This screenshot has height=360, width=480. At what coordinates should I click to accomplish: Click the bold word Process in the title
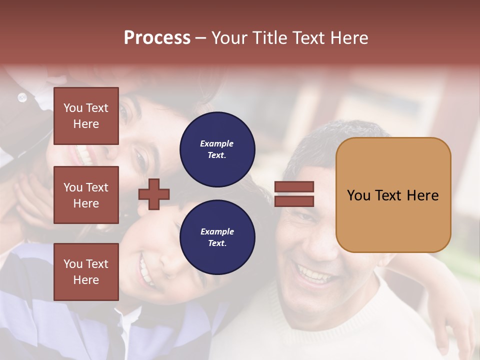coord(157,38)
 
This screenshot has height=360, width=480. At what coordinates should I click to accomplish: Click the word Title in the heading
coord(270,38)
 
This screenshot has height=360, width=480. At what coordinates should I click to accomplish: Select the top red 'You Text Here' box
coord(86,116)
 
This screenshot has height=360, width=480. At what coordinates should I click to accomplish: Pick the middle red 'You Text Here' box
coord(86,195)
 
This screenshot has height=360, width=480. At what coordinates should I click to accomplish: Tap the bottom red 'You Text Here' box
coord(86,271)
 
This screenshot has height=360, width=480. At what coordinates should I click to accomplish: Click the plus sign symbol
coord(154,193)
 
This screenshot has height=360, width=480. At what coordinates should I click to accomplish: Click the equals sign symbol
coord(294,194)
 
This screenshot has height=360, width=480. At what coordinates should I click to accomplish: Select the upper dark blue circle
coord(217,149)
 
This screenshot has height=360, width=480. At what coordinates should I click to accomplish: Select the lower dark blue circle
coord(217,237)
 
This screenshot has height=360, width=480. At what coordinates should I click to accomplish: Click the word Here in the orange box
coord(422,195)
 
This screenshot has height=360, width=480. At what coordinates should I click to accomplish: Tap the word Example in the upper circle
coord(217,143)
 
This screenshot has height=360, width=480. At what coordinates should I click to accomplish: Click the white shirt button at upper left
coord(22,97)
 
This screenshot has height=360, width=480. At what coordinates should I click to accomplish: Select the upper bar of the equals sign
coord(294,187)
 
